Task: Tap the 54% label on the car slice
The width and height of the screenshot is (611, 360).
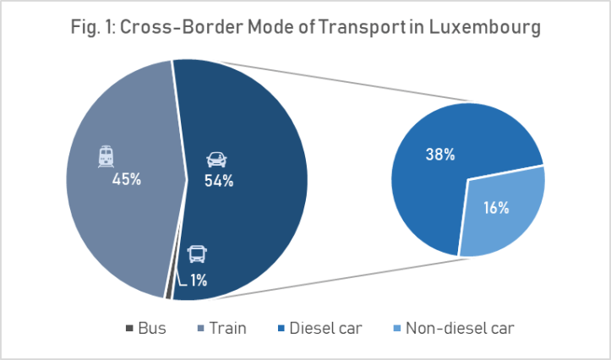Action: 219,181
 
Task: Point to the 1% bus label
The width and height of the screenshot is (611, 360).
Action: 199,281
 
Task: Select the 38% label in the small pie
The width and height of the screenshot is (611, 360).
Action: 439,155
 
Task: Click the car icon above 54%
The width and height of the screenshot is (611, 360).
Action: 216,159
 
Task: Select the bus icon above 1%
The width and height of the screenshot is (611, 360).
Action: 196,254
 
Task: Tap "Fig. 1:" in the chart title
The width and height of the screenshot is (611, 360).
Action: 92,27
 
